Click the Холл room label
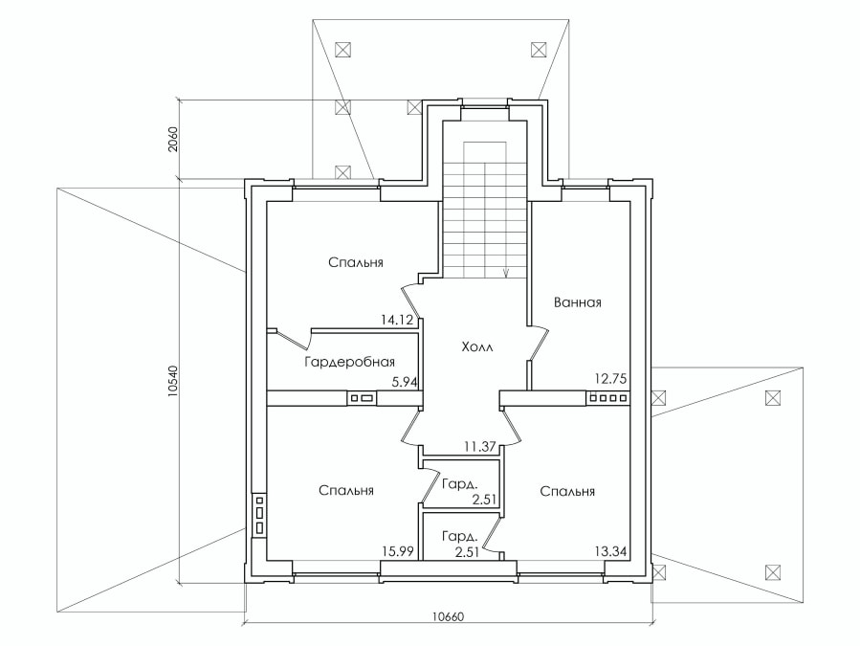477,346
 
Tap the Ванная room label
577,302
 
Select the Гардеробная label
349,363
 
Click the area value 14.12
397,320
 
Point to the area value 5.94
405,382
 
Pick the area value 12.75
610,379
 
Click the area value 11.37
480,447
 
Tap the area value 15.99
398,551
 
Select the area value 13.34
611,551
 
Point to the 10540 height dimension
173,381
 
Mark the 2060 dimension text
173,140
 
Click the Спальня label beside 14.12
356,262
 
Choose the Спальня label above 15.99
346,490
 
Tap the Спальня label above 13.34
567,491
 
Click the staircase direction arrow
506,273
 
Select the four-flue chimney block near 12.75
608,397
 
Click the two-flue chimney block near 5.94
362,398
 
